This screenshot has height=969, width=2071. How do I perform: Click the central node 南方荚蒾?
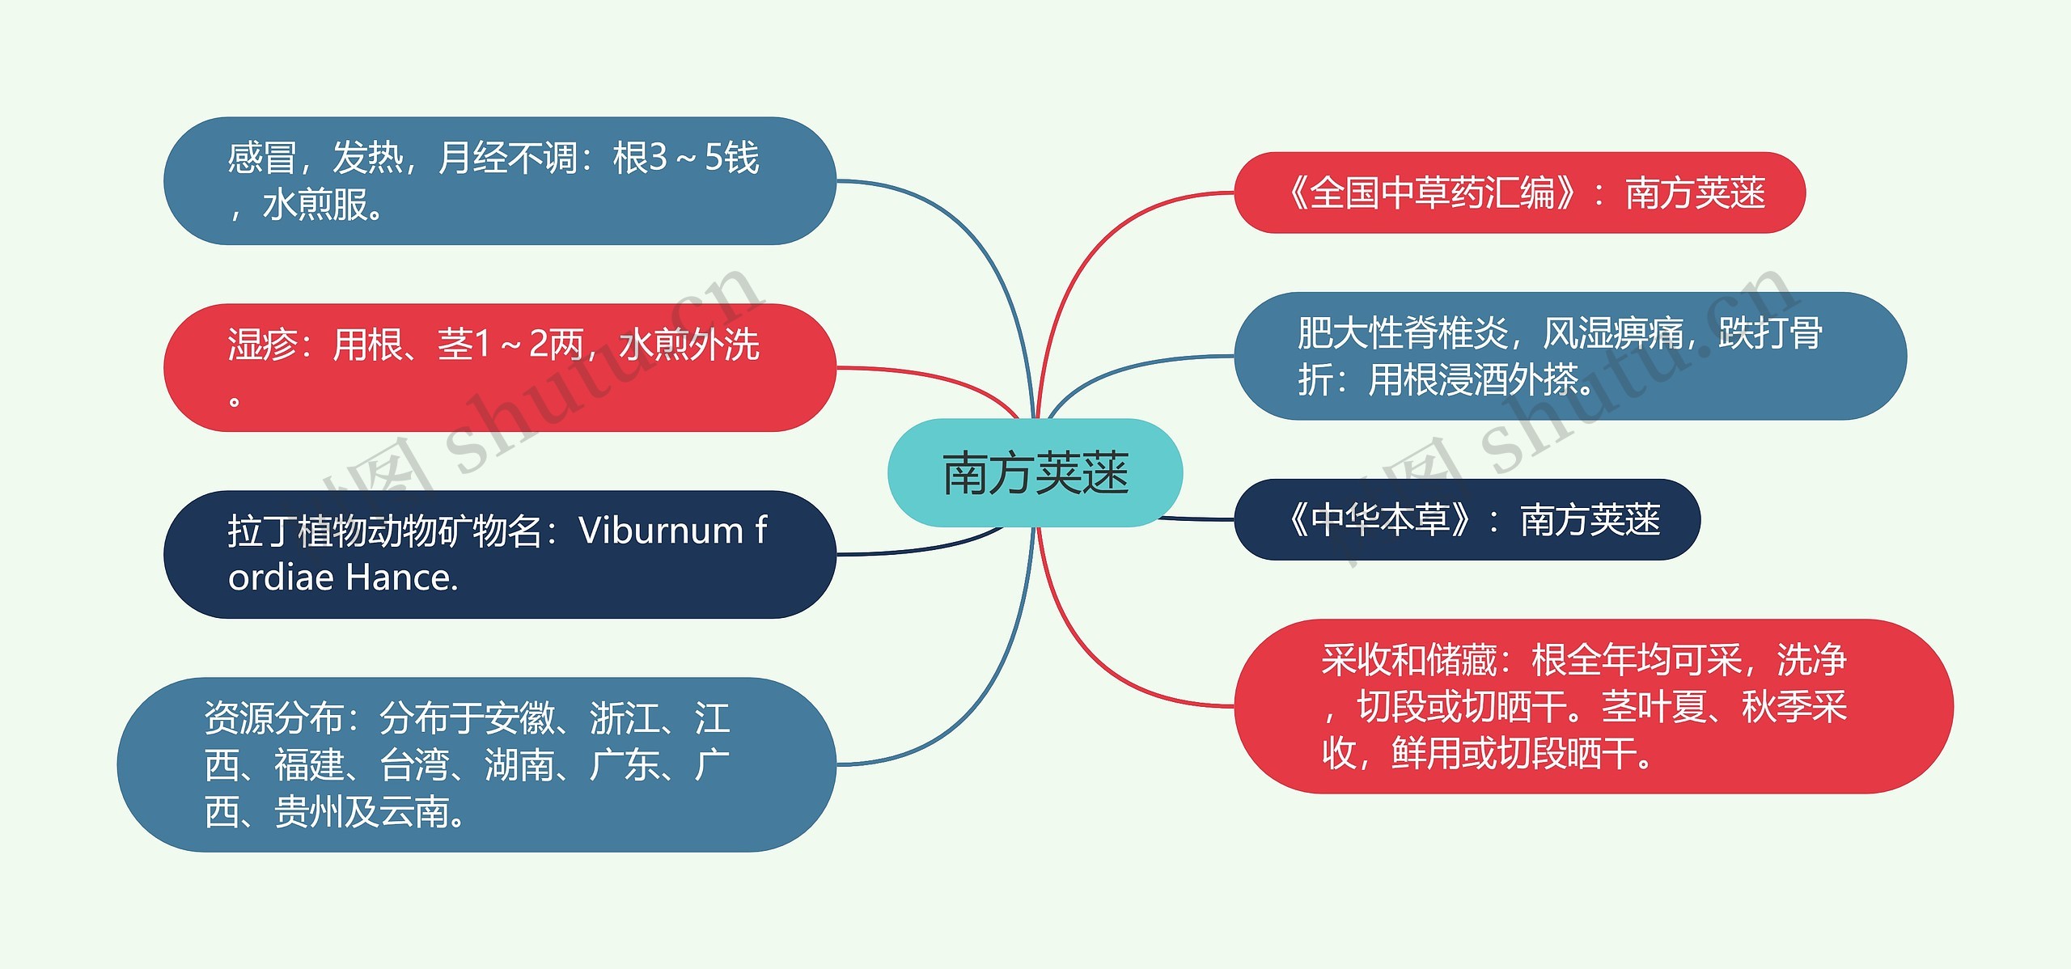click(x=1035, y=473)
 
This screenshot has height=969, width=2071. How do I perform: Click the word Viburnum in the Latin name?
click(x=660, y=531)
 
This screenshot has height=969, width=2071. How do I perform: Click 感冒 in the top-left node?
click(x=261, y=158)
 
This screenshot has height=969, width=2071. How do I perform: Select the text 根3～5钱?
click(x=685, y=158)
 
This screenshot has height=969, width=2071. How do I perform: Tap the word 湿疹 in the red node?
click(x=261, y=345)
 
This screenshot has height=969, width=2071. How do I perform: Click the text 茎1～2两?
click(x=510, y=345)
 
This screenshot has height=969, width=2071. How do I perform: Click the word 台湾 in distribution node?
click(x=413, y=764)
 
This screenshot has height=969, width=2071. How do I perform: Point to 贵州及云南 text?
click(x=362, y=811)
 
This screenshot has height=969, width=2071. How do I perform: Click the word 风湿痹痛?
click(x=1613, y=333)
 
